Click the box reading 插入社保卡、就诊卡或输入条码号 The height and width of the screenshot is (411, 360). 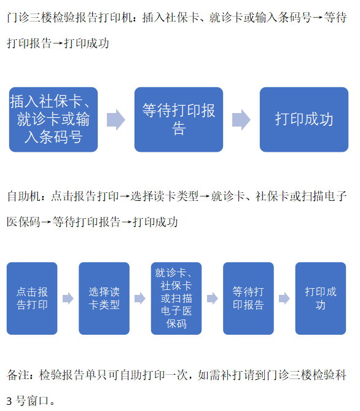53,120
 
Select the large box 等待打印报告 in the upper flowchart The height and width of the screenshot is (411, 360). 179,120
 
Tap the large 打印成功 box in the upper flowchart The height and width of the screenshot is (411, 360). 304,120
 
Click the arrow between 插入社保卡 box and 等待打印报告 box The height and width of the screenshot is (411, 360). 116,120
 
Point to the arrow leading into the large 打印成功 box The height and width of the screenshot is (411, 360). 241,120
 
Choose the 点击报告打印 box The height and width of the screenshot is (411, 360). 32,299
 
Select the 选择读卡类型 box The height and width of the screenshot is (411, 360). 104,299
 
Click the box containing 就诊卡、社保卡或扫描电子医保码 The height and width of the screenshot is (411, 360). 176,299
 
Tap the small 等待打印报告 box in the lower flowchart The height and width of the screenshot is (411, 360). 248,299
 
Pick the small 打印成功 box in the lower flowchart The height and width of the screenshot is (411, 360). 321,299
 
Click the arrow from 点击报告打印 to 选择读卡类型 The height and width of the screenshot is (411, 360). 68,299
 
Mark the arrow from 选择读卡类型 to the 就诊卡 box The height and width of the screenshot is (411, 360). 140,299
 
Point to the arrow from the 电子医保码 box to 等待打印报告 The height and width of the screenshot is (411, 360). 213,299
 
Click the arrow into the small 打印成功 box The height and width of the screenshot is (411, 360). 284,299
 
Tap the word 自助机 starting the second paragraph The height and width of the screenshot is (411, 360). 23,197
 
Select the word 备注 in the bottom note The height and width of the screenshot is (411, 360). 18,375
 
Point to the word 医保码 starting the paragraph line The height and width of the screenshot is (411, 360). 23,222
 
